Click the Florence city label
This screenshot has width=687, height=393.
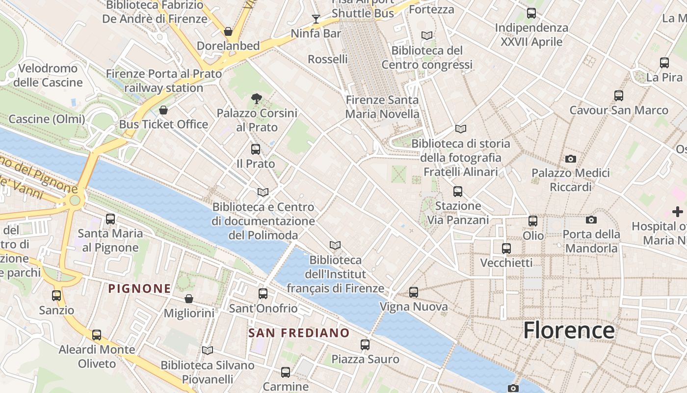click(569, 330)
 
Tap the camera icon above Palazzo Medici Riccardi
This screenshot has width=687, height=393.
click(570, 159)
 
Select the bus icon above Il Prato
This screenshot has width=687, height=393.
click(256, 149)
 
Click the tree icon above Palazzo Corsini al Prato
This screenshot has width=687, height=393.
click(256, 99)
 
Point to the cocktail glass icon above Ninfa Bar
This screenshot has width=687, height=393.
click(316, 19)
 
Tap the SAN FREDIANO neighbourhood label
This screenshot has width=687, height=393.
click(299, 333)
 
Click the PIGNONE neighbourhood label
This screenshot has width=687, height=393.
click(140, 288)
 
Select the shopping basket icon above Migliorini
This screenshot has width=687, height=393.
click(189, 299)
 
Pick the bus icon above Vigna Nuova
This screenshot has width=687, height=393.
click(414, 292)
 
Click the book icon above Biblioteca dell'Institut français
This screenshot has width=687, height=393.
click(335, 245)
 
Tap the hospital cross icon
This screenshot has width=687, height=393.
click(678, 212)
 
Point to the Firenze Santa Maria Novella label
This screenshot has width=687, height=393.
click(382, 107)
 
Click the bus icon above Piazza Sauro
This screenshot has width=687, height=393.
click(365, 344)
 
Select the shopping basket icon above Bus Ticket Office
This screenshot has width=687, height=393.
click(163, 110)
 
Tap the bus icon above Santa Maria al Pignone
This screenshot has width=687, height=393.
click(110, 219)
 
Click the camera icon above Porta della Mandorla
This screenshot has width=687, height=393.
click(591, 220)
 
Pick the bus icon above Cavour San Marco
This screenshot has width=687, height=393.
click(619, 95)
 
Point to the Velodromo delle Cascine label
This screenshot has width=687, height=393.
click(48, 75)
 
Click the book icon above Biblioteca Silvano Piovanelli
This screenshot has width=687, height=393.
click(208, 350)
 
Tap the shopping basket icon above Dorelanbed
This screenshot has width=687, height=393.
click(228, 31)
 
